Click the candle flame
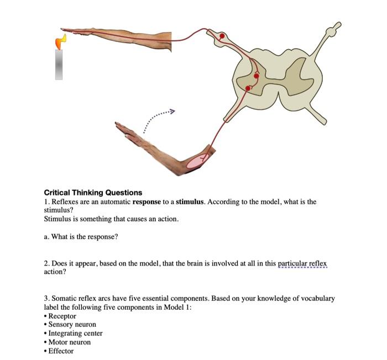click(61, 41)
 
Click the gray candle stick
click(59, 64)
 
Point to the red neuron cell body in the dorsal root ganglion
click(222, 36)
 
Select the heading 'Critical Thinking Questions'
click(93, 193)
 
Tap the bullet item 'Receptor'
click(62, 316)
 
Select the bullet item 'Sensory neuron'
click(72, 325)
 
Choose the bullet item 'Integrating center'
click(75, 333)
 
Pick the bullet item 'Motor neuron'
click(69, 342)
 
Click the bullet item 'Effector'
click(61, 351)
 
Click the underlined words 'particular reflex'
click(302, 263)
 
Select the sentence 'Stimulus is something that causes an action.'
click(111, 219)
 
